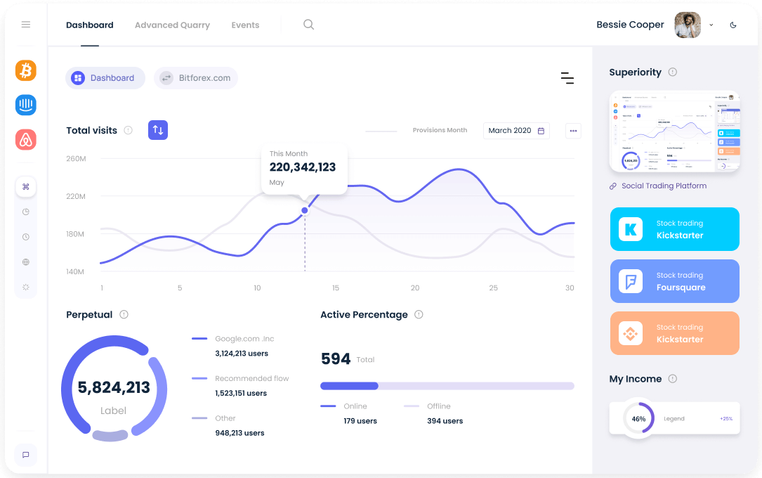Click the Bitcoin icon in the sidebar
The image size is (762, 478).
coord(26,70)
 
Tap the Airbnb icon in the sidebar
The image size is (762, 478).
coord(26,139)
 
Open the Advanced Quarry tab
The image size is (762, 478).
coord(172,25)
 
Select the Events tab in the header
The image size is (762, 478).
coord(245,25)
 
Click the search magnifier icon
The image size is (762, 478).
coord(308,25)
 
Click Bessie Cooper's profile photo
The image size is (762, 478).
coord(687,25)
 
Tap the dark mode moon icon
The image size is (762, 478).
coord(733,25)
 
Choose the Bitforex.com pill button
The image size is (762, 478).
coord(196,78)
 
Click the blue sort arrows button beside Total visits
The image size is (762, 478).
coord(158,130)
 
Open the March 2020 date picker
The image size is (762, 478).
coord(516,131)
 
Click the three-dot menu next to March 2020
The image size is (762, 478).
coord(573,131)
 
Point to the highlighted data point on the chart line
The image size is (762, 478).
coord(305,210)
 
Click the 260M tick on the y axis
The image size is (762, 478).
coord(76,159)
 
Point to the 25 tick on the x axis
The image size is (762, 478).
coord(494,288)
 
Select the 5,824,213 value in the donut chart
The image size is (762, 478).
coord(114,387)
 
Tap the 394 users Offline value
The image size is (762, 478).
coord(445,421)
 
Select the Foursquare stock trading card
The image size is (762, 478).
coord(674,281)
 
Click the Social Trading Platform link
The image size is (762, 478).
coord(664,186)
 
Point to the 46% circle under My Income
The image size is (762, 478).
coord(638,418)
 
